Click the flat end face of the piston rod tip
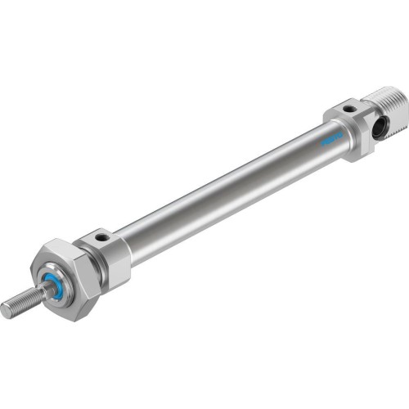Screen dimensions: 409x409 (6, 309)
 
